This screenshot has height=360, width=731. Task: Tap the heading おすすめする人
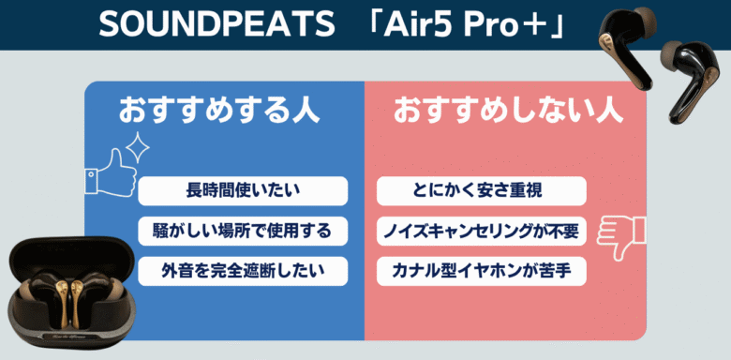tap(218, 110)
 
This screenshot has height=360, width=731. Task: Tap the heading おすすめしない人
tap(507, 110)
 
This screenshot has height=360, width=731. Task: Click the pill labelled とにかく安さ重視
tap(481, 190)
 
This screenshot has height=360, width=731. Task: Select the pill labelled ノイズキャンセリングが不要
tap(481, 231)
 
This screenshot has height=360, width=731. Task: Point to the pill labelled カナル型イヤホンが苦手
tap(481, 271)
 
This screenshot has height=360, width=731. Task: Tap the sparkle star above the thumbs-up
tap(139, 145)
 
